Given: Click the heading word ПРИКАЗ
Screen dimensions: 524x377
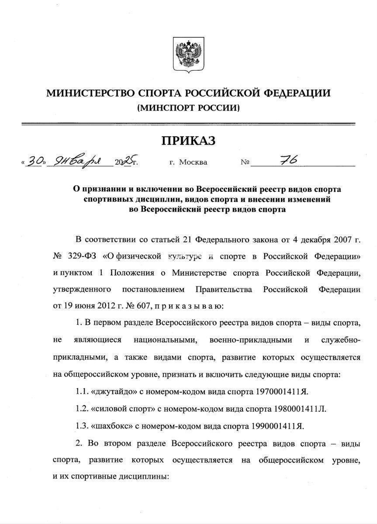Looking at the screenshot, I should coord(189,140).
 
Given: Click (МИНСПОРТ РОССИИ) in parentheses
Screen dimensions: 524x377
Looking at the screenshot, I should coord(188,107).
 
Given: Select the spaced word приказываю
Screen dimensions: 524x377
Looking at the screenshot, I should coord(189,306).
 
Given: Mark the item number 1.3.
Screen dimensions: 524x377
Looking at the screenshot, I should coord(81,426).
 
